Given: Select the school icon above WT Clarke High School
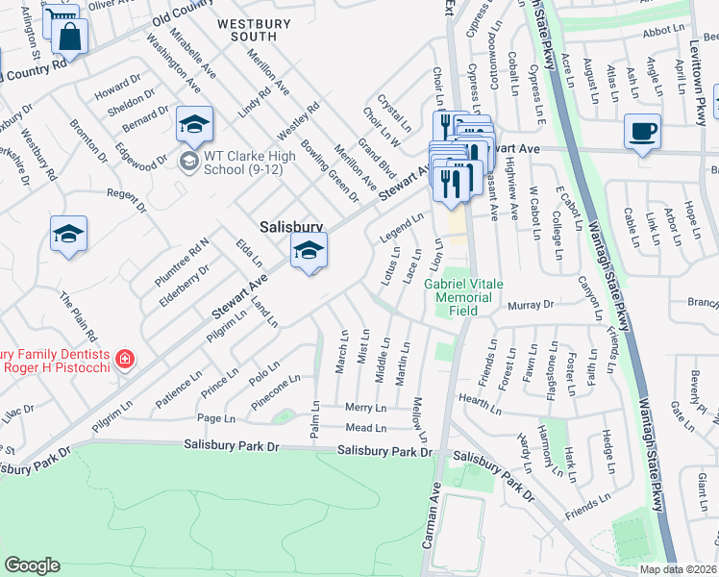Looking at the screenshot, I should (193, 123).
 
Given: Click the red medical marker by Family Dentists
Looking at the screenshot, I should (123, 361).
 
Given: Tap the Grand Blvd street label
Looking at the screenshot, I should (376, 159).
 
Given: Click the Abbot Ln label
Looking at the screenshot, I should (662, 31).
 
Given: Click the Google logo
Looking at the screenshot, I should (32, 565).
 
